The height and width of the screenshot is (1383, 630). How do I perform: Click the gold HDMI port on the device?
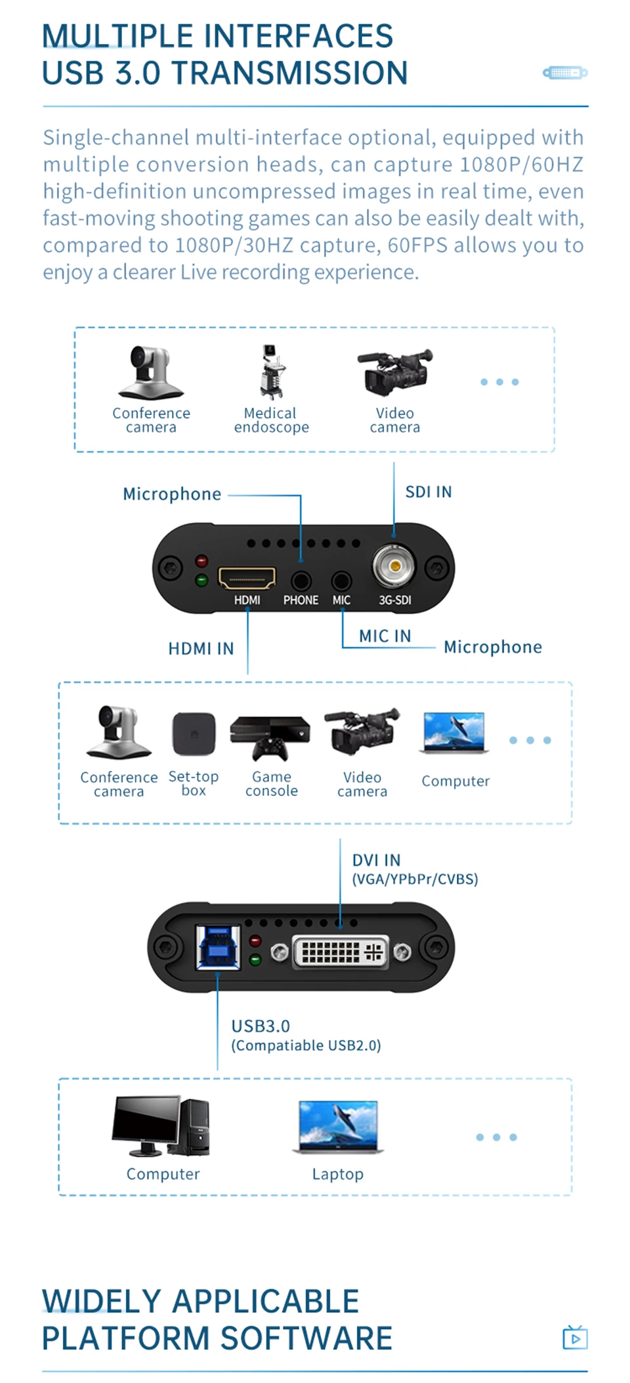[247, 579]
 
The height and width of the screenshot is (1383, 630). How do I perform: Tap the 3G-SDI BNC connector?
[394, 565]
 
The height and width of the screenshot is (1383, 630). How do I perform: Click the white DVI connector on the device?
[341, 952]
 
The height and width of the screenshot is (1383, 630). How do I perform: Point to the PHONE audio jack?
[301, 581]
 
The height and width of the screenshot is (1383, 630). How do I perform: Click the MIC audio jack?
[341, 581]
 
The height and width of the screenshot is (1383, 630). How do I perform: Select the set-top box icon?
[194, 734]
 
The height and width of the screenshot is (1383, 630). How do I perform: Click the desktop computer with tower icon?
[161, 1126]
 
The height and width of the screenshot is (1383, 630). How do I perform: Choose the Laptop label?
[337, 1174]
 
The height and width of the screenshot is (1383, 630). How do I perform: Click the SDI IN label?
[429, 492]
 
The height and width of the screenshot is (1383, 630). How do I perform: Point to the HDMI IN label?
[201, 649]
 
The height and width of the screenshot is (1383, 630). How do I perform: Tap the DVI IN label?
[376, 860]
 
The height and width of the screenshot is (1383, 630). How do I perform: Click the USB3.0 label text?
[261, 1026]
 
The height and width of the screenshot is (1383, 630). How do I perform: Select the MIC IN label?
[385, 636]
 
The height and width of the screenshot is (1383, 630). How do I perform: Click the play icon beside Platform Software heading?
[575, 1337]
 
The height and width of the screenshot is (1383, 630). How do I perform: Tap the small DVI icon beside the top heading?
[565, 72]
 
